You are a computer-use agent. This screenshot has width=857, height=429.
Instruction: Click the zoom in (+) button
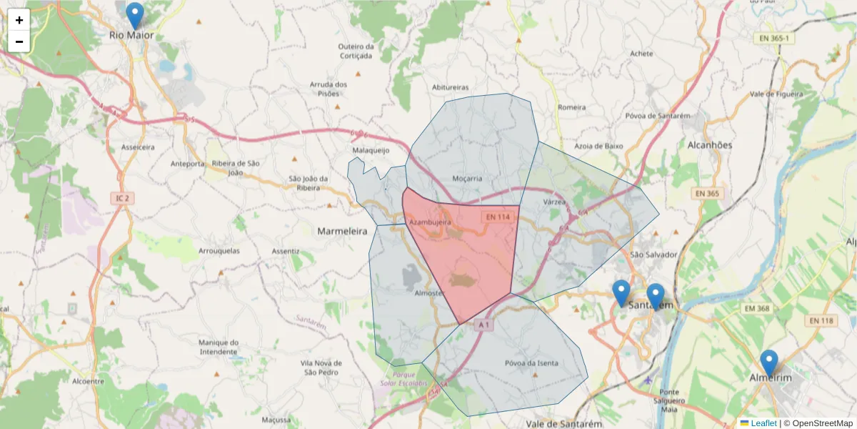pyautogui.click(x=19, y=20)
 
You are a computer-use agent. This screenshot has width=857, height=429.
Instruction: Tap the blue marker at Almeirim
pyautogui.click(x=768, y=363)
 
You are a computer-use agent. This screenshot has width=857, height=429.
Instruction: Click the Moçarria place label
pyautogui.click(x=468, y=178)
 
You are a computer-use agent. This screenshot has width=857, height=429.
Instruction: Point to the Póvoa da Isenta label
pyautogui.click(x=531, y=363)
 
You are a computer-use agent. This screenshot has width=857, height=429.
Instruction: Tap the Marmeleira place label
pyautogui.click(x=341, y=232)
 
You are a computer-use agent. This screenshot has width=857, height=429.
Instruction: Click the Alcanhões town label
pyautogui.click(x=709, y=144)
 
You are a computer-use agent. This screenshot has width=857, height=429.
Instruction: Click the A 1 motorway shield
pyautogui.click(x=483, y=325)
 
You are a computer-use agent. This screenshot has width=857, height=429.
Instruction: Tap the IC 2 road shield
pyautogui.click(x=122, y=197)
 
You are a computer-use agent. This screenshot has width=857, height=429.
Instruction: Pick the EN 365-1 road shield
pyautogui.click(x=774, y=38)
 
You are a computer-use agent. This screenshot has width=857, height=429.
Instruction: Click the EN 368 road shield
pyautogui.click(x=758, y=308)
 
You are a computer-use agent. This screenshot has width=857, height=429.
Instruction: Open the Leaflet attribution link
pyautogui.click(x=763, y=423)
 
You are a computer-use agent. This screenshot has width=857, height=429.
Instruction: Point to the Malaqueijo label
pyautogui.click(x=371, y=151)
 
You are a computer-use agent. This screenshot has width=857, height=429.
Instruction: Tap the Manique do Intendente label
pyautogui.click(x=218, y=347)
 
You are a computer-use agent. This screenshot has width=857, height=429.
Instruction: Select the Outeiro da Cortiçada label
pyautogui.click(x=356, y=51)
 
